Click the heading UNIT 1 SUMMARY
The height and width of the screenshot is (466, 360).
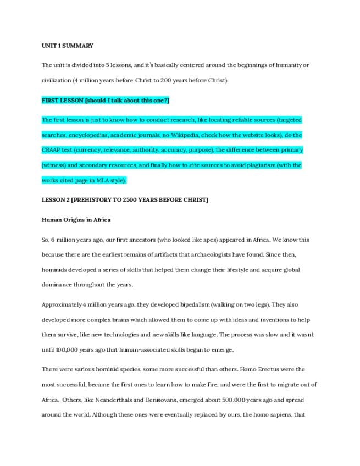click(68, 46)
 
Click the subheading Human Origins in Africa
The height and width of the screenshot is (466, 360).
click(76, 220)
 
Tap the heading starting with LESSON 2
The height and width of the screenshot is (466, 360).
click(125, 200)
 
